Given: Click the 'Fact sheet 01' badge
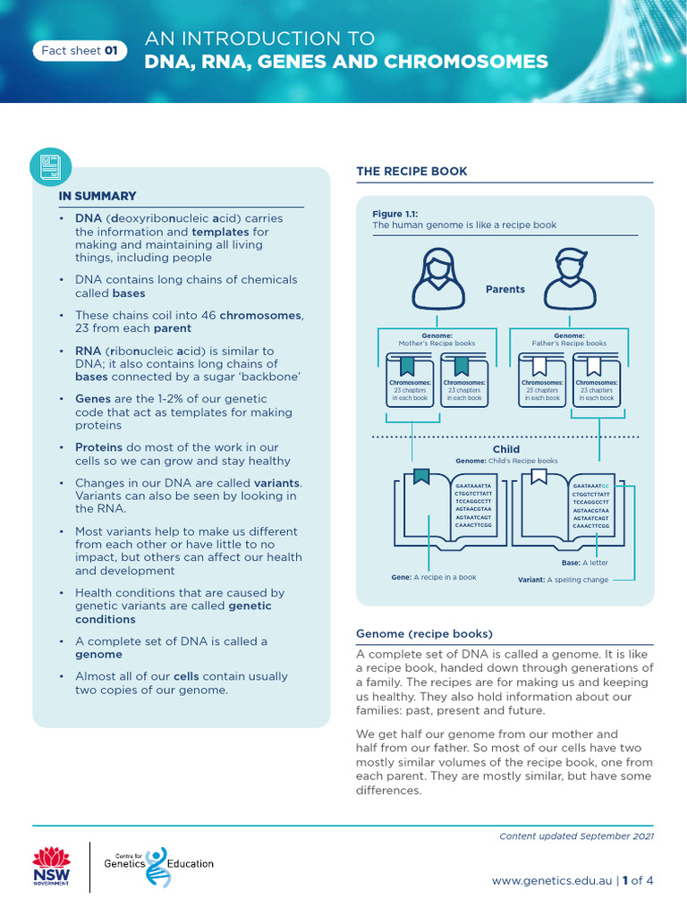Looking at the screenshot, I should (x=80, y=51).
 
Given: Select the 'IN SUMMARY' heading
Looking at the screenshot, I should (x=98, y=196).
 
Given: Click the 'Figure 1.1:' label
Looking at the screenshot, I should (x=395, y=214).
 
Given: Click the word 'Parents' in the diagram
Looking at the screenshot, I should (x=505, y=289).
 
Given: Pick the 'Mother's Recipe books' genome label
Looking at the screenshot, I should (x=437, y=343).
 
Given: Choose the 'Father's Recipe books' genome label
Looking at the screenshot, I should (x=569, y=343).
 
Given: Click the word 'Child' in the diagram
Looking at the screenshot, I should (x=505, y=449).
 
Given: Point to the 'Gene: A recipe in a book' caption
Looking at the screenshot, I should (x=434, y=578).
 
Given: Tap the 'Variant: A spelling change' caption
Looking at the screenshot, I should (x=563, y=580).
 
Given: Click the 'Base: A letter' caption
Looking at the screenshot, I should (x=583, y=563).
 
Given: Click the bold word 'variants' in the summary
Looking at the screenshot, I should (x=277, y=483).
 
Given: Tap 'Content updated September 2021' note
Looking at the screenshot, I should (x=576, y=835).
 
